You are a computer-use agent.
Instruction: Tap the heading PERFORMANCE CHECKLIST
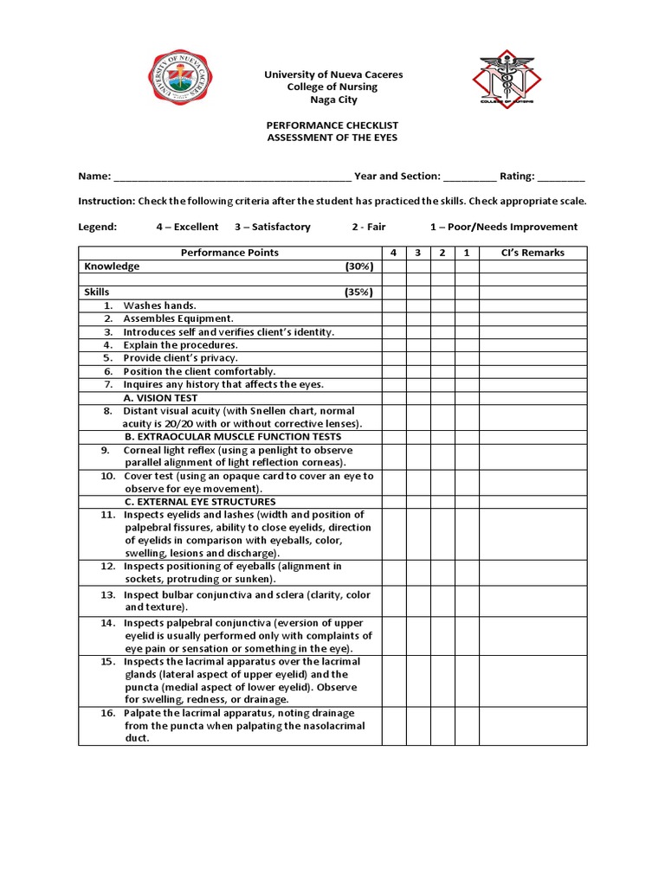point(332,125)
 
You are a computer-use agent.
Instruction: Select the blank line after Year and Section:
point(470,177)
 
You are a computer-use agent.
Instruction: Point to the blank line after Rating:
point(561,177)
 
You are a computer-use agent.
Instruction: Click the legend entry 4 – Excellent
point(187,227)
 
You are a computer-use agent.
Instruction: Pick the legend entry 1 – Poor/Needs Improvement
point(503,227)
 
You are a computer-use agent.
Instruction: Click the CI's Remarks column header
point(533,253)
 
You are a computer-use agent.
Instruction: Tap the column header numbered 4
point(394,253)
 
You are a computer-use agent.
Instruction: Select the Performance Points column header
point(229,253)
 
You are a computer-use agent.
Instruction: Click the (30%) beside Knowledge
point(358,266)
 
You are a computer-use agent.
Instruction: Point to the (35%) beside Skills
point(358,292)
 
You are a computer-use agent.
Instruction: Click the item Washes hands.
point(160,305)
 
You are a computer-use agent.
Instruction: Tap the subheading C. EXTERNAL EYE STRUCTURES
point(200,502)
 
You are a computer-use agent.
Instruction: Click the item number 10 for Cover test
point(107,476)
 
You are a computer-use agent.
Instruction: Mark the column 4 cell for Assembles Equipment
point(394,318)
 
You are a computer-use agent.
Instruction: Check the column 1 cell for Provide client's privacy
point(467,357)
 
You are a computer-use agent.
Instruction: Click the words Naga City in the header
point(333,100)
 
